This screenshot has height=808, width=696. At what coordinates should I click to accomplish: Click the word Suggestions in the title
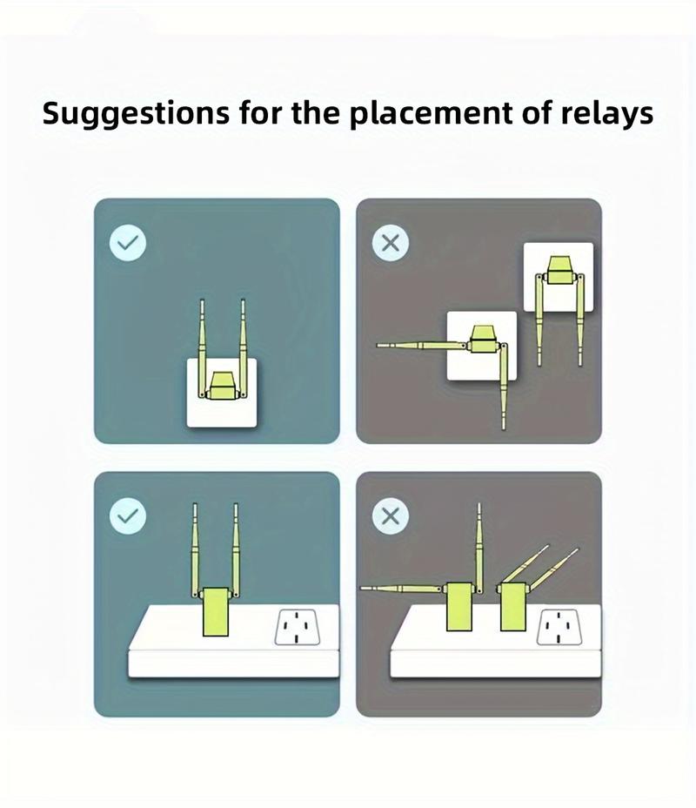[136, 114]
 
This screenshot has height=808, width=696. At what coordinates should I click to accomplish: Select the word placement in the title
[431, 114]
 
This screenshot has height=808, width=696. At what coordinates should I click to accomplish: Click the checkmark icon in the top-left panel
[128, 242]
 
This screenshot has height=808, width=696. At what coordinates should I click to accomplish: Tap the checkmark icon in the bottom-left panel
[128, 515]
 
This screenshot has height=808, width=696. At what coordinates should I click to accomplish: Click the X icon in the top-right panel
[391, 242]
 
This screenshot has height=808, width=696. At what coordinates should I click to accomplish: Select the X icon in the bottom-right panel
[391, 515]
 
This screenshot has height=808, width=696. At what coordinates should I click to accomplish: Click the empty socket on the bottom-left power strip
[297, 627]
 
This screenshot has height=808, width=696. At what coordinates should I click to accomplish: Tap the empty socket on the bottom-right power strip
[559, 627]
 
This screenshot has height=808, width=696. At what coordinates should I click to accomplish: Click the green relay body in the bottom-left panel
[216, 612]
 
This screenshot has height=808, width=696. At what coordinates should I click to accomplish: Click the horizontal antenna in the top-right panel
[422, 345]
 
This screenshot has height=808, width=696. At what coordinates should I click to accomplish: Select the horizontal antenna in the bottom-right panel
[401, 588]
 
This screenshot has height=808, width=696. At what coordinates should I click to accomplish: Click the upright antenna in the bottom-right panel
[478, 548]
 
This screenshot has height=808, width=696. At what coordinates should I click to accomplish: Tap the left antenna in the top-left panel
[203, 348]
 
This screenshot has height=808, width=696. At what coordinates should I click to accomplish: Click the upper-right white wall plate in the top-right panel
[559, 277]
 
